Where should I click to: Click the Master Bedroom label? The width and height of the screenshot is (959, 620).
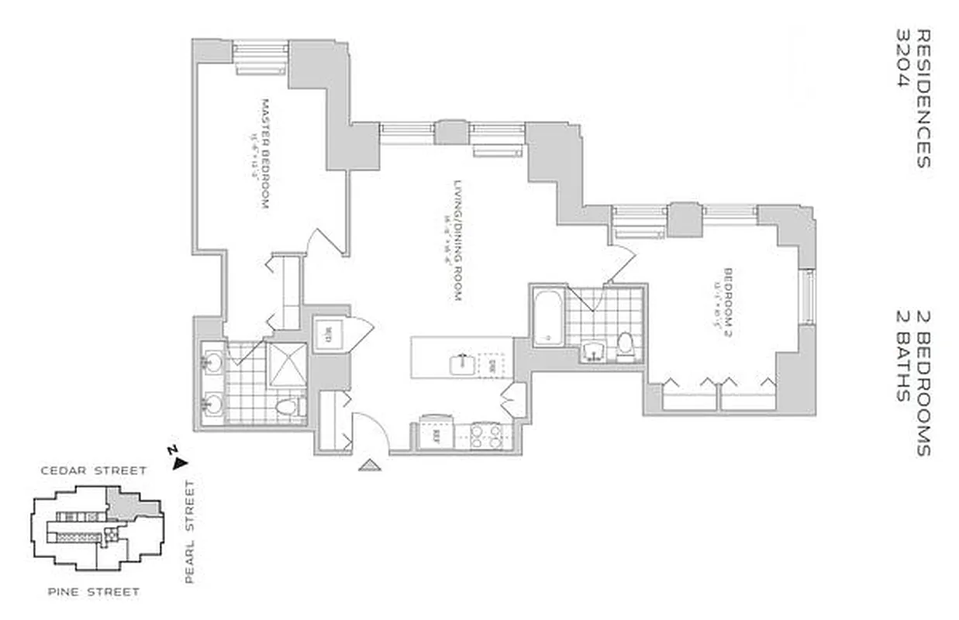click(264, 154)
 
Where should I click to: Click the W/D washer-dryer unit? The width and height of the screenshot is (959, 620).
click(328, 335)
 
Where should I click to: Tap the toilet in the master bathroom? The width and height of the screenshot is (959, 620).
click(289, 406)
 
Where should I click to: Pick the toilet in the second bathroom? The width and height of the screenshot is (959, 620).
click(626, 346)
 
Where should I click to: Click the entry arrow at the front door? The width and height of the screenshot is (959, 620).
click(370, 465)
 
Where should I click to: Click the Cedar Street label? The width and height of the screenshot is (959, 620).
click(94, 470)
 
